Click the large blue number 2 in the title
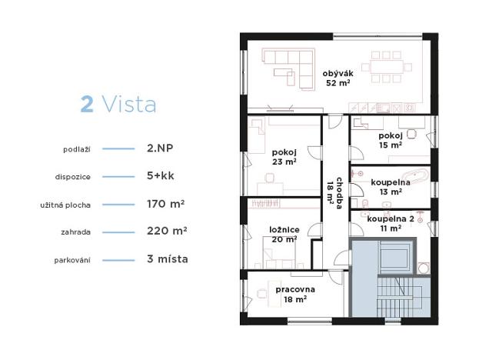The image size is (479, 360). (88, 105)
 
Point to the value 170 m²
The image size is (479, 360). (165, 204)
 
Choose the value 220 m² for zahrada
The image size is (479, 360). (167, 231)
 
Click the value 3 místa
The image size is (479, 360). (167, 258)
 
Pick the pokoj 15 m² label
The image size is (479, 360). (390, 139)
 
